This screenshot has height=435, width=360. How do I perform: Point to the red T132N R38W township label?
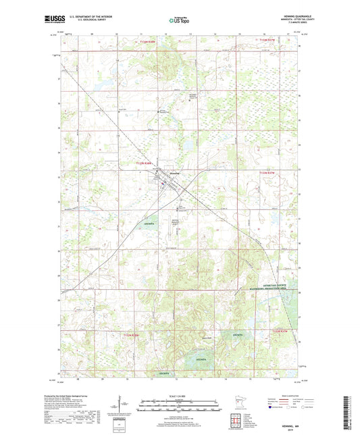[132, 334]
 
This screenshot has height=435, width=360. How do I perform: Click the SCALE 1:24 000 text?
[179, 395]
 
